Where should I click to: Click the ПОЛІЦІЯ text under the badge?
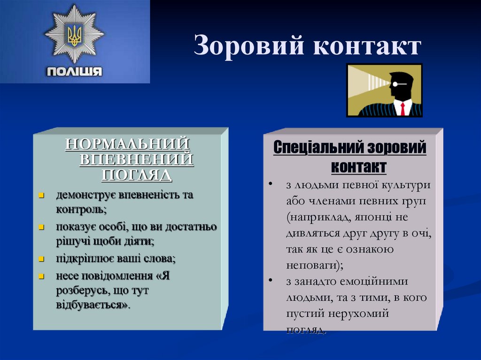pos(74,72)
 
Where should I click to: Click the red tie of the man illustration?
pos(402,108)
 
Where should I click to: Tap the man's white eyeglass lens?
pos(396,84)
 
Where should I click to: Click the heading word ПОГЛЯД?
pos(137,175)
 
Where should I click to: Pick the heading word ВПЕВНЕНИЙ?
pos(137,159)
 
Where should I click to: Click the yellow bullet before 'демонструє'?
pos(41,195)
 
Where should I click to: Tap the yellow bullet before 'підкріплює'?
pos(41,259)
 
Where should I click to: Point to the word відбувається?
pos(93,306)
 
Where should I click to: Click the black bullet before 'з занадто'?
pos(272,281)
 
